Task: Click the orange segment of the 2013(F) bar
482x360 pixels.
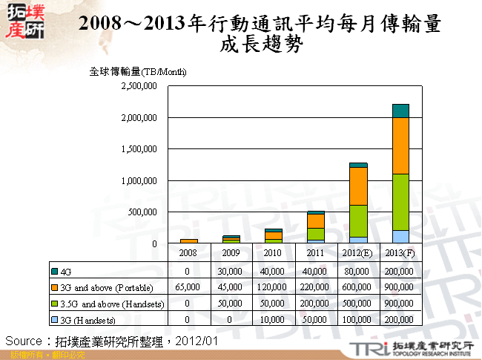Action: [x=400, y=145]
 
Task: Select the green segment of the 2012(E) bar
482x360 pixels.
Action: [x=358, y=220]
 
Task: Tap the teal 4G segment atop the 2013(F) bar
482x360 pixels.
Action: [x=400, y=111]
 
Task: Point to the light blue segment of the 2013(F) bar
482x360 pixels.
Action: [x=400, y=237]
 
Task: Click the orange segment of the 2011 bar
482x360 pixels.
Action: [x=316, y=220]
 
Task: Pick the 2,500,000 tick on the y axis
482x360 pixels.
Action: [x=139, y=86]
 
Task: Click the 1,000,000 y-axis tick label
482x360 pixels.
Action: [x=139, y=180]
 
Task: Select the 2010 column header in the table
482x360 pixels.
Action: [x=274, y=252]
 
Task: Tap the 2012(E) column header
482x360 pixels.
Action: [x=358, y=252]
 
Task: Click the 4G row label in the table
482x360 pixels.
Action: [x=67, y=271]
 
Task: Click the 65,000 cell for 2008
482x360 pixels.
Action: [x=189, y=287]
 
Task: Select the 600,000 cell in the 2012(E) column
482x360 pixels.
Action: [x=358, y=287]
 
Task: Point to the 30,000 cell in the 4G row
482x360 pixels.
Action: [x=231, y=271]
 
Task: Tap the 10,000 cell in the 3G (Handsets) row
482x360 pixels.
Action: [x=274, y=319]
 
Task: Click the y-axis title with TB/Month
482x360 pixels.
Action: [x=137, y=72]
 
